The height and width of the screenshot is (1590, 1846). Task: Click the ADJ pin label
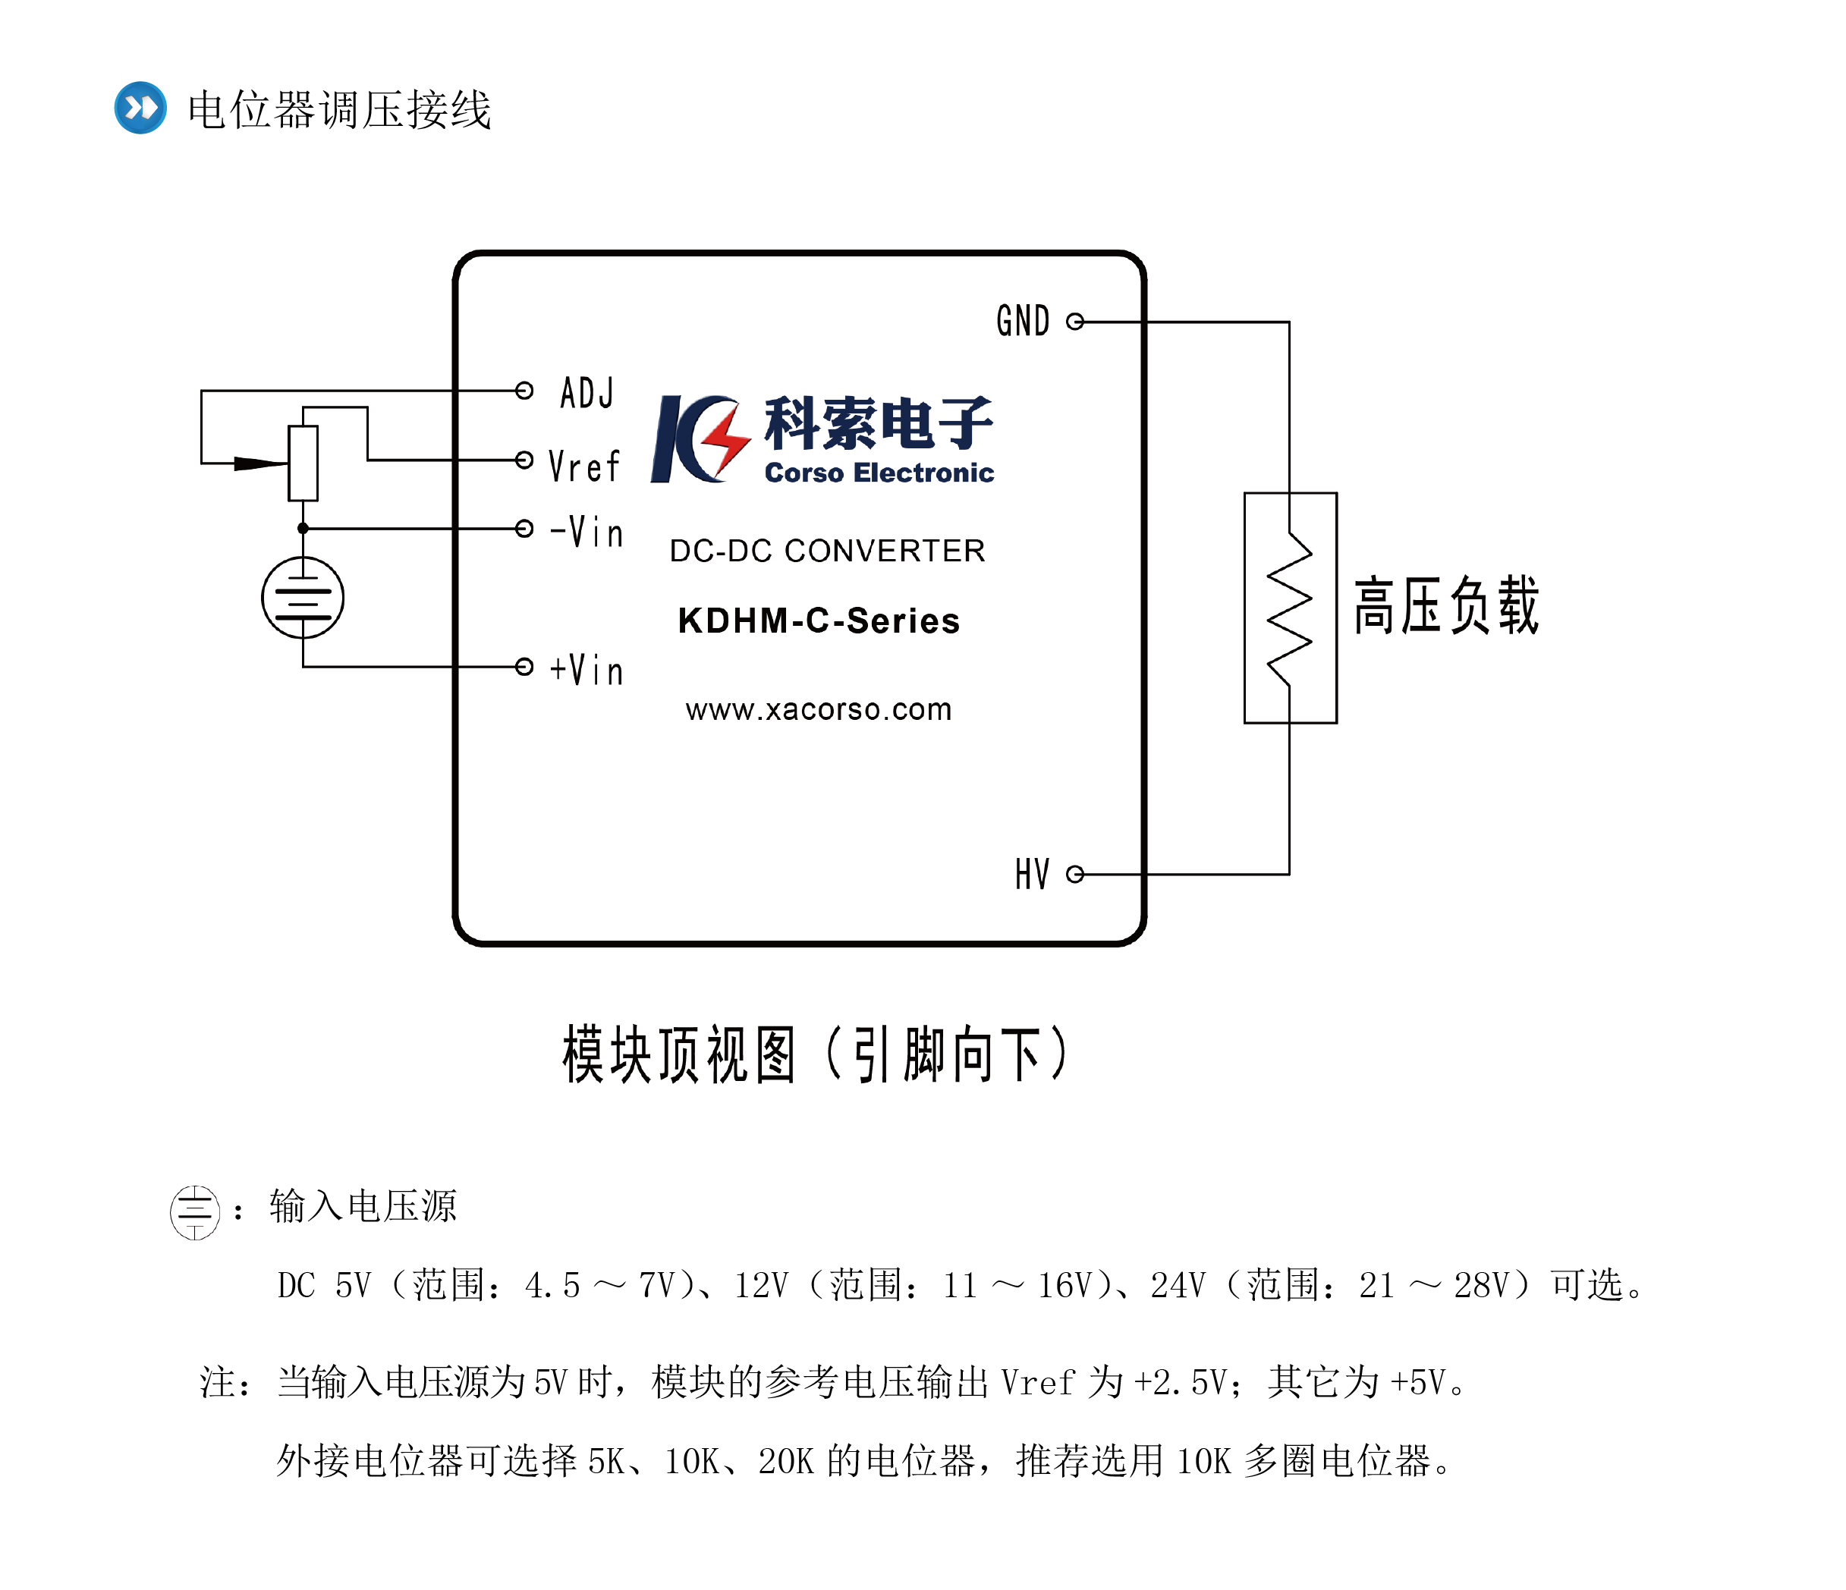(x=587, y=392)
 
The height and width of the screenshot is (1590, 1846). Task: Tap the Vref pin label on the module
(x=583, y=466)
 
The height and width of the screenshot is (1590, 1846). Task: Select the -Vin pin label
(x=587, y=532)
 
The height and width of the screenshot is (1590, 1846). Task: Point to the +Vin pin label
(x=587, y=670)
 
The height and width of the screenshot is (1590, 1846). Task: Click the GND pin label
(x=1023, y=322)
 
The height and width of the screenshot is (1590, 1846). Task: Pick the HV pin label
(x=1032, y=874)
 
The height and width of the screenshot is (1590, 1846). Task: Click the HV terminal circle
(x=1075, y=874)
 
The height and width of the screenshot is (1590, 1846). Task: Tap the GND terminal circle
(x=1075, y=322)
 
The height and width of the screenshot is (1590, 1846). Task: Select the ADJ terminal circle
(x=525, y=390)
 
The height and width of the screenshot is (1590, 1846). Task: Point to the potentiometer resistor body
(x=303, y=463)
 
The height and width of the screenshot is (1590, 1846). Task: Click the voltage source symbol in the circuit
(x=303, y=598)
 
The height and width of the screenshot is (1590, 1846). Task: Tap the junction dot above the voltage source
(x=303, y=528)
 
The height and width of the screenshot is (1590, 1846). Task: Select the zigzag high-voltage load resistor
(x=1289, y=608)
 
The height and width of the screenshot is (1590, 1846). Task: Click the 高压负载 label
(x=1446, y=605)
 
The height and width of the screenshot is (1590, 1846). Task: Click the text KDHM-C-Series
(x=819, y=621)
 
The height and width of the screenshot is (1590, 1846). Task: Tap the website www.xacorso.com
(x=819, y=710)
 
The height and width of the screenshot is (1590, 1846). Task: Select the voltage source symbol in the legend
(x=195, y=1211)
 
